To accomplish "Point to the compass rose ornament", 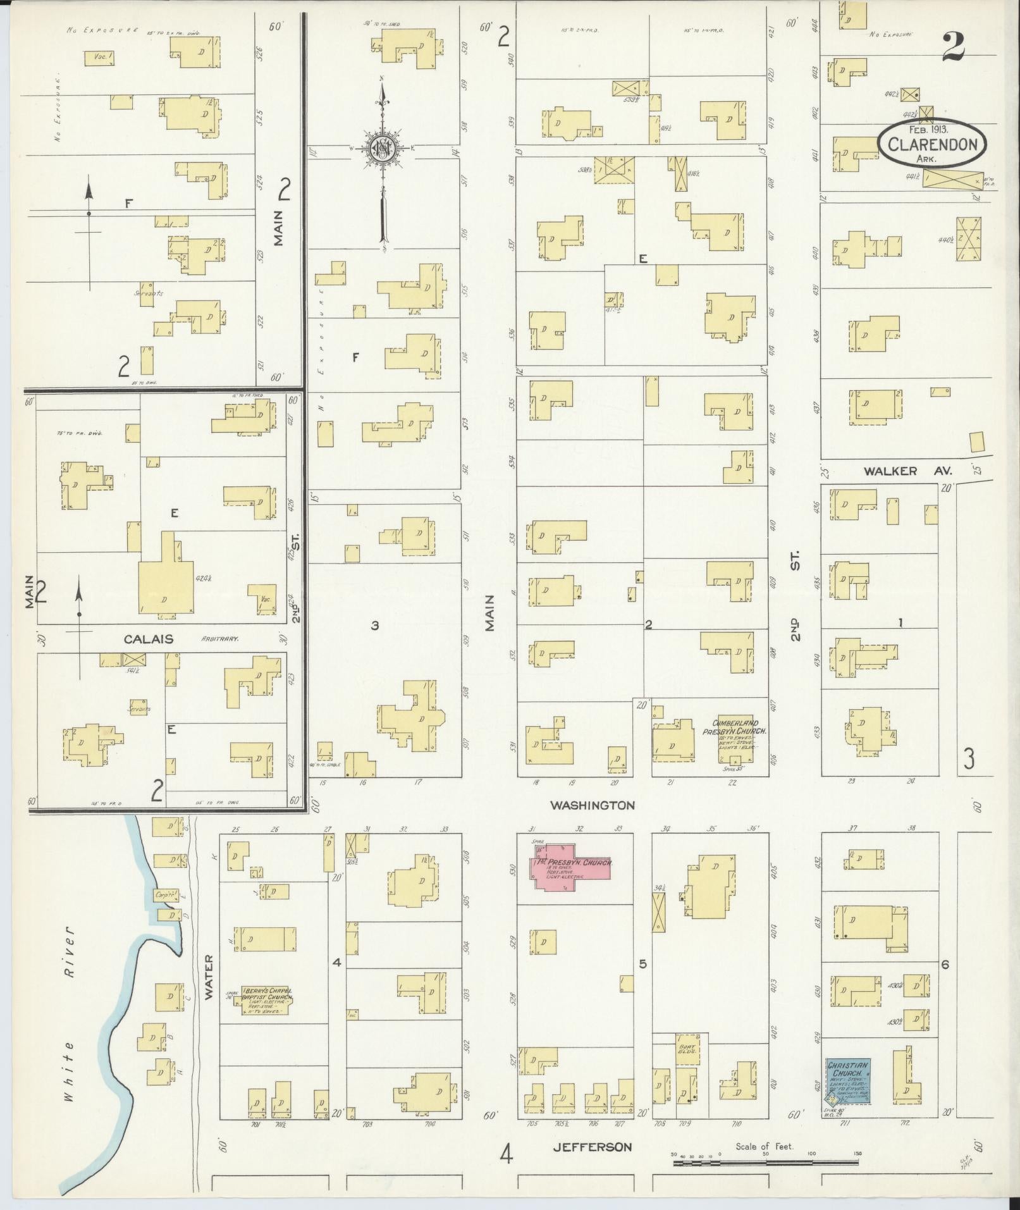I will [x=382, y=149].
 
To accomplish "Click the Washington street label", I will [x=592, y=805].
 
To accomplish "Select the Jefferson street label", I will [x=592, y=1147].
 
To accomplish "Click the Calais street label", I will [x=149, y=639].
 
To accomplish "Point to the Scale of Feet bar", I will [x=765, y=1155].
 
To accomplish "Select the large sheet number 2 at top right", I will [x=954, y=46].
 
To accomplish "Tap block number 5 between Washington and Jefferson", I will [x=642, y=965].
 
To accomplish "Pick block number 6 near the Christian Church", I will [x=945, y=965].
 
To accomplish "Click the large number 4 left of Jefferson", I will [x=506, y=1153].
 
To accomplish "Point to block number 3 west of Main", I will [x=375, y=626].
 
